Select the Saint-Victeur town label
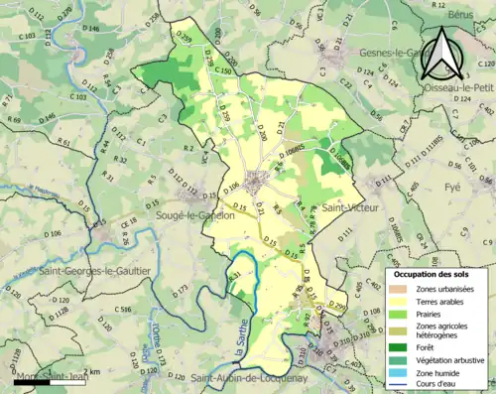point(346,209)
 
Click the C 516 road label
point(123,310)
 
